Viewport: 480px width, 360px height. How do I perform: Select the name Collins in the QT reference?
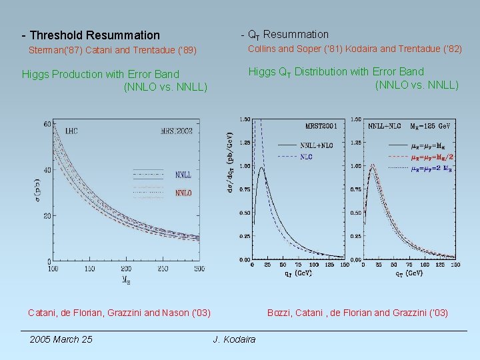(x=263, y=49)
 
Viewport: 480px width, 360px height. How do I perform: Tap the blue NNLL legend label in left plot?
(x=184, y=175)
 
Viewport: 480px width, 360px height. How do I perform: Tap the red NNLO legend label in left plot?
(x=184, y=193)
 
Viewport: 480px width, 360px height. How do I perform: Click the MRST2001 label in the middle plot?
(x=320, y=125)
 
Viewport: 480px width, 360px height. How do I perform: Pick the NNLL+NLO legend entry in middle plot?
(x=317, y=144)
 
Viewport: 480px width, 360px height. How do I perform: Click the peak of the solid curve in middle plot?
(x=262, y=168)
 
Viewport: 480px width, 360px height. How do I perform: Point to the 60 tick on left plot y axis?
(x=47, y=125)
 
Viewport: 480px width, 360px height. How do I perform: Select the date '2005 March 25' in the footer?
(x=61, y=340)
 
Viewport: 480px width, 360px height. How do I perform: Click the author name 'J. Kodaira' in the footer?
(x=234, y=340)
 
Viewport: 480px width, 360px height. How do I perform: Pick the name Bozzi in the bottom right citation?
(x=279, y=313)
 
